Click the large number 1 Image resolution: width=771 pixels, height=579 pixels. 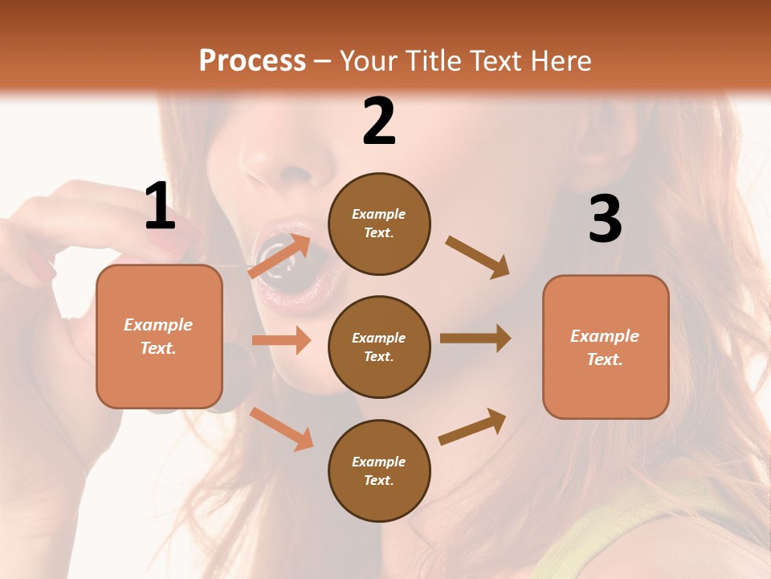160,207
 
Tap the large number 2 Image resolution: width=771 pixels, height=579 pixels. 379,121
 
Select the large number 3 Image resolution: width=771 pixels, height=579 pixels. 605,219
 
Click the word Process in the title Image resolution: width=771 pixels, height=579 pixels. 252,60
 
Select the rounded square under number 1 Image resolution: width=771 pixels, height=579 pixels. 159,336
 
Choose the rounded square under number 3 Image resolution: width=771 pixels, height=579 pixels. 606,347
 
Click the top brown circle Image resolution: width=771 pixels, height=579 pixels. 379,224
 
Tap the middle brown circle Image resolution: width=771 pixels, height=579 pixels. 379,347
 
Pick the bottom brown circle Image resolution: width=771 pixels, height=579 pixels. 379,470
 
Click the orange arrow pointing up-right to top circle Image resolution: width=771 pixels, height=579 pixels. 280,257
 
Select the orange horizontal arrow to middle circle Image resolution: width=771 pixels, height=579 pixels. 281,340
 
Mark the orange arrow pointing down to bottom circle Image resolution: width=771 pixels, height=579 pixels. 281,428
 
